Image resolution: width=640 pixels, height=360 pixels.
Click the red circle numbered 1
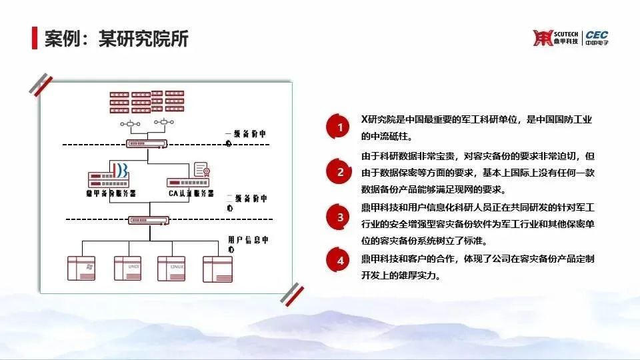pyautogui.click(x=341, y=127)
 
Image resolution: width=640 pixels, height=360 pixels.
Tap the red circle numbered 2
pyautogui.click(x=341, y=172)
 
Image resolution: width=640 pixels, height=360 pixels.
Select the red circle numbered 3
pyautogui.click(x=341, y=217)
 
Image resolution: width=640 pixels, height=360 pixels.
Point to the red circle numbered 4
pyautogui.click(x=341, y=260)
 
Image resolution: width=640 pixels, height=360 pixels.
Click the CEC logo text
pyautogui.click(x=597, y=35)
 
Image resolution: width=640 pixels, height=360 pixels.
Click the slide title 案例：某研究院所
pyautogui.click(x=117, y=39)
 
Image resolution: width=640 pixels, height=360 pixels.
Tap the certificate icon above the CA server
pyautogui.click(x=203, y=170)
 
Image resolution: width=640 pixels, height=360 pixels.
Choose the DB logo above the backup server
pyautogui.click(x=121, y=170)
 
